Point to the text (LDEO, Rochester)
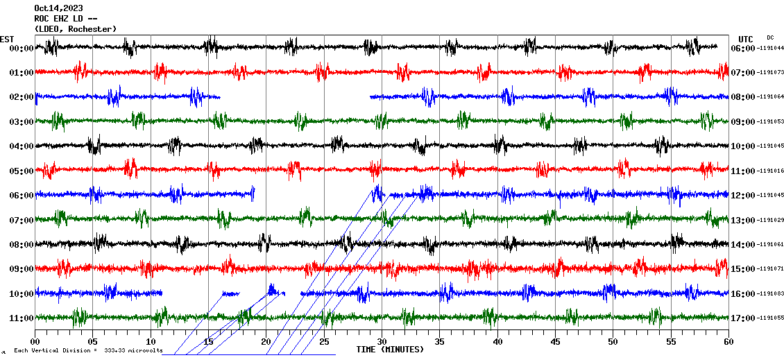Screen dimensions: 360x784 [x=75, y=28]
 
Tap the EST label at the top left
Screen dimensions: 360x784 [x=8, y=39]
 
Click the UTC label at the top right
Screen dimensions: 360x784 [x=746, y=39]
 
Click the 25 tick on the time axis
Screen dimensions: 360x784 [x=324, y=342]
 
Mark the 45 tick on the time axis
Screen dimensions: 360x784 [x=555, y=342]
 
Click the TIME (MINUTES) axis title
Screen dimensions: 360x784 [x=390, y=350]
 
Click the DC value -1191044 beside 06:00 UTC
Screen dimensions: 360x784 [x=771, y=49]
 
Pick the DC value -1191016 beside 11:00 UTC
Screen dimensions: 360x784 [x=771, y=171]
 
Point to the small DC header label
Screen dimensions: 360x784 [x=770, y=37]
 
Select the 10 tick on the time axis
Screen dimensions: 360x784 [x=151, y=342]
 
